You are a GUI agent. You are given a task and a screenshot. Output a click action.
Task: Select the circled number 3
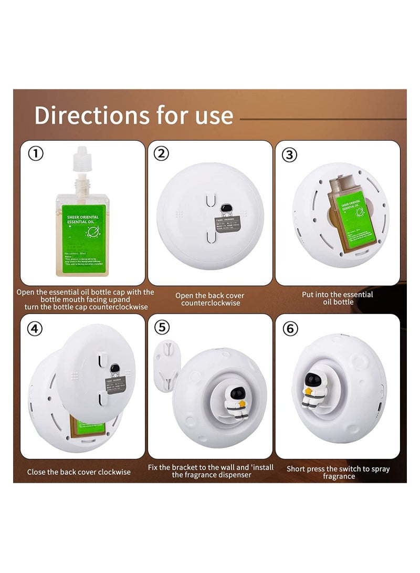click(289, 154)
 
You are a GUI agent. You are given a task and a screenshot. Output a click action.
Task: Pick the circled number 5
click(162, 327)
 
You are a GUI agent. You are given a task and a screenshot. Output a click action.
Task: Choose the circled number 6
click(290, 329)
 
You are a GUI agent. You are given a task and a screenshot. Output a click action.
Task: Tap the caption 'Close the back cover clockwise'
click(79, 472)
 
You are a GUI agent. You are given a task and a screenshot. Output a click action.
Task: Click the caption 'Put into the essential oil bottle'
click(337, 298)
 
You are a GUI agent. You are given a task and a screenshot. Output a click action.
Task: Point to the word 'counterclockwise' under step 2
click(210, 303)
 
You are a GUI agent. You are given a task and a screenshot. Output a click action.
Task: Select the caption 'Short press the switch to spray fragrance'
click(338, 472)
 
